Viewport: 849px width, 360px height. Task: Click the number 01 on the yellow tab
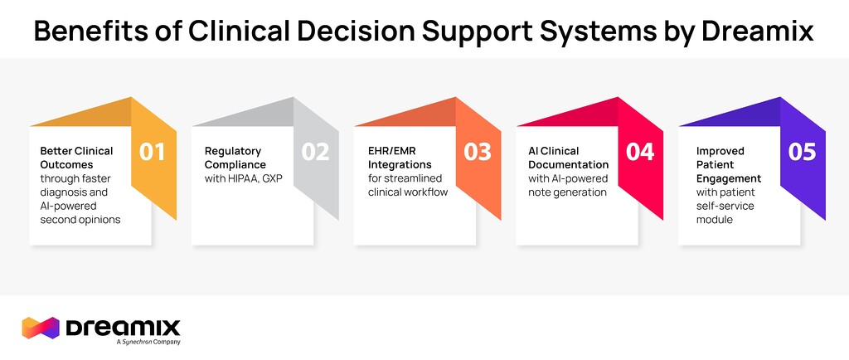tap(152, 153)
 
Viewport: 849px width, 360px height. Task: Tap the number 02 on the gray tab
tap(315, 153)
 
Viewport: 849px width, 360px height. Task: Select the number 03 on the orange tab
tap(478, 153)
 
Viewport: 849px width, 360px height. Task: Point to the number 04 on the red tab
tap(640, 153)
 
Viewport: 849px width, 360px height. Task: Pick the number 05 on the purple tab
tap(802, 153)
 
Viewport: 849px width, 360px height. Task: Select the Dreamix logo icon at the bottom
tap(41, 328)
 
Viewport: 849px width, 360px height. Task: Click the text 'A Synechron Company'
tap(148, 342)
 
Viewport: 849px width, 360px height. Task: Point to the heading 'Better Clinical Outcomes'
tap(76, 158)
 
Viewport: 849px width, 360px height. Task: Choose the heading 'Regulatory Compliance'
tap(235, 158)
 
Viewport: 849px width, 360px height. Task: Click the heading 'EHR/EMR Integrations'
tap(400, 158)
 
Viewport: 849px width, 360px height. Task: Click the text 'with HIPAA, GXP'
tap(245, 178)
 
